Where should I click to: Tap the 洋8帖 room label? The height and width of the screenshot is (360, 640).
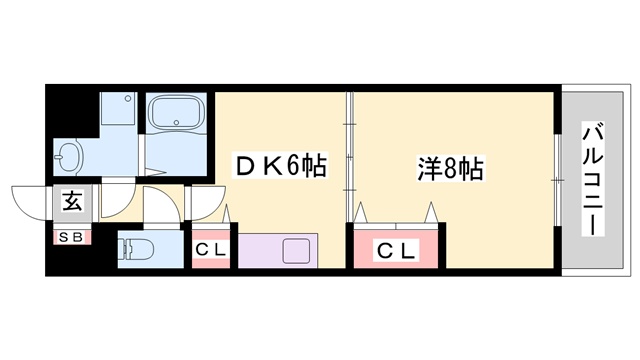450,167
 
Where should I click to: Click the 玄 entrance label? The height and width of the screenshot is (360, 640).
74,200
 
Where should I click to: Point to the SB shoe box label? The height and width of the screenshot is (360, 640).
74,238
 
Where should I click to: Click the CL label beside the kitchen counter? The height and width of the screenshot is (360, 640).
211,249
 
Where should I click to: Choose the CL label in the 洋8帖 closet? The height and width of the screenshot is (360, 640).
396,249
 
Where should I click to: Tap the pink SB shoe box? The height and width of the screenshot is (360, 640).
74,238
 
